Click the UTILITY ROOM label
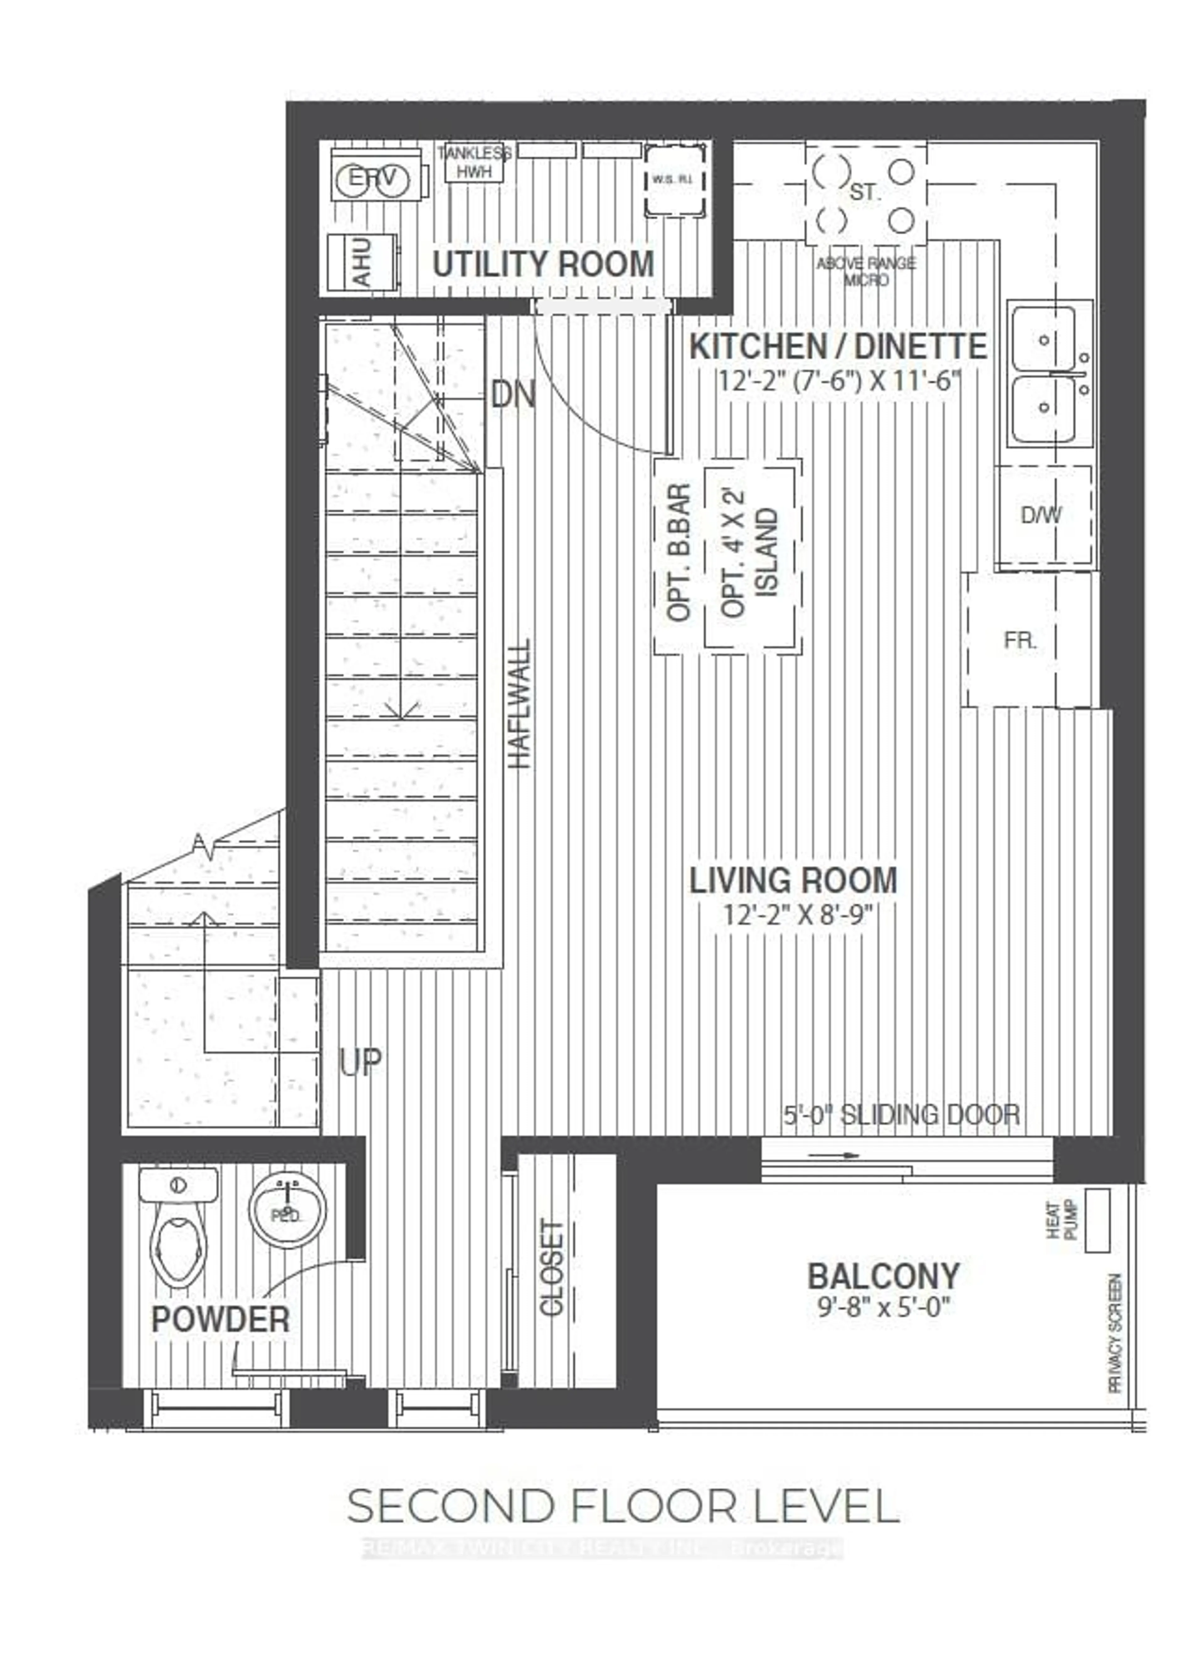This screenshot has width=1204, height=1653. pos(543,264)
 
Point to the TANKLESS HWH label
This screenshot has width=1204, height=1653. pos(474,162)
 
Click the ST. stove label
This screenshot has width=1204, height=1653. pos(865,193)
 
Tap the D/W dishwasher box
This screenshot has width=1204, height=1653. pos(1042,515)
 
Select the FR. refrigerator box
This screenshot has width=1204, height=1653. pos(1020,640)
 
